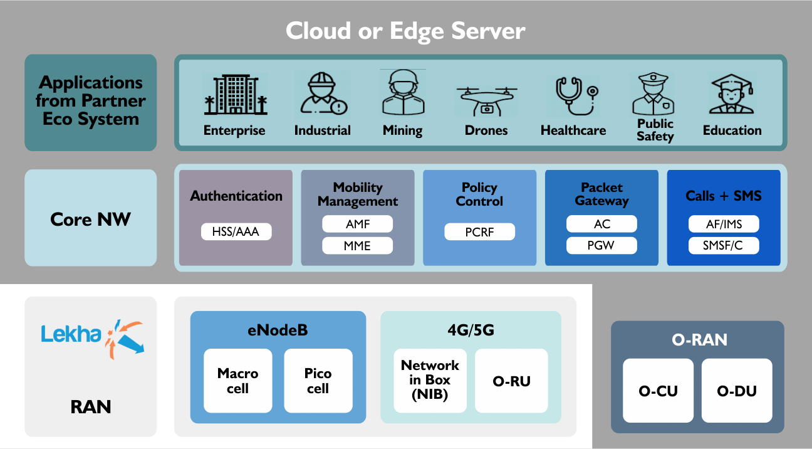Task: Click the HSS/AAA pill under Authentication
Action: (x=236, y=232)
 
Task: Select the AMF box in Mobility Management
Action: (x=357, y=224)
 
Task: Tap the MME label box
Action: (x=357, y=246)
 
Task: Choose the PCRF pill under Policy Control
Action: (x=479, y=232)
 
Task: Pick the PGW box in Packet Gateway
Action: (x=601, y=246)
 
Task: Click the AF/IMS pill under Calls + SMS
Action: (x=724, y=224)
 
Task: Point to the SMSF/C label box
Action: (x=724, y=246)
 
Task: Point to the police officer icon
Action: (x=655, y=93)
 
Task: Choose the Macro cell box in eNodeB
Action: (x=237, y=381)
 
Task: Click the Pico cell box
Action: (x=318, y=381)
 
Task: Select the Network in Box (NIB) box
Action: (x=430, y=381)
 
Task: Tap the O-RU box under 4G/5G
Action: (x=511, y=381)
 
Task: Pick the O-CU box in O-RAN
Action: (x=658, y=391)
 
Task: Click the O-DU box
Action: (x=737, y=391)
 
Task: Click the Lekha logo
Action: (x=91, y=335)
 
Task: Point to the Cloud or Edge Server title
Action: (x=405, y=31)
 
